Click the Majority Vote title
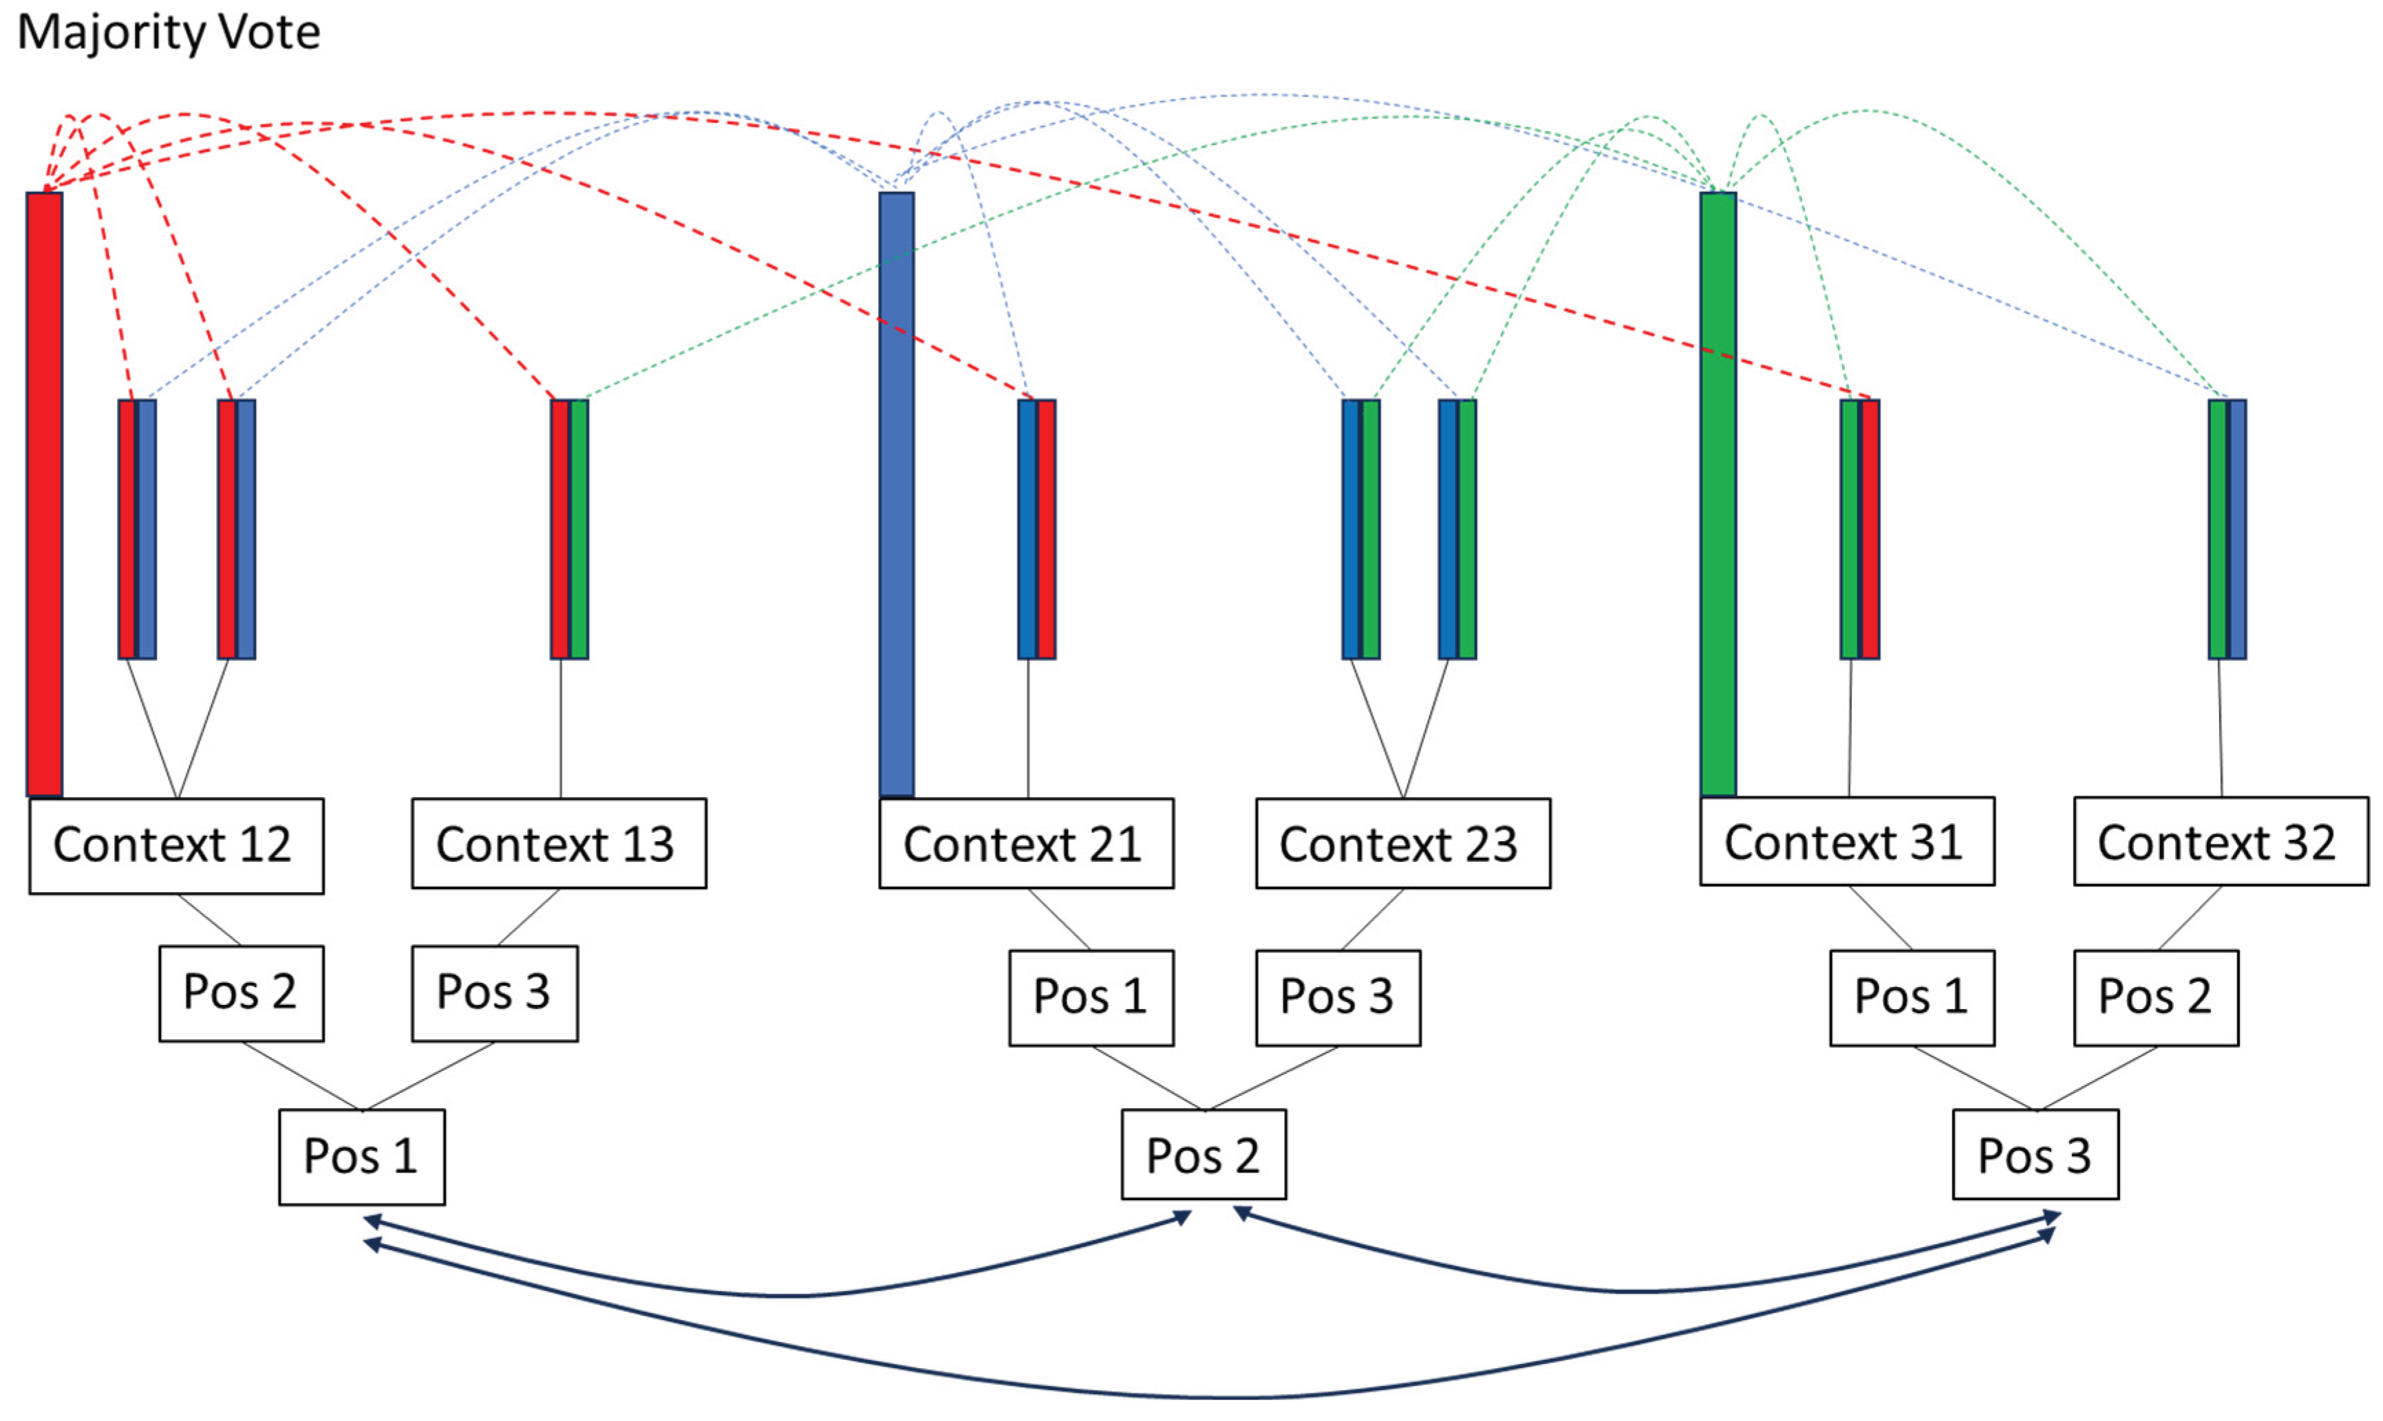pyautogui.click(x=169, y=32)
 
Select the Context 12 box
pyautogui.click(x=176, y=845)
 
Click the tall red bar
pyautogui.click(x=44, y=493)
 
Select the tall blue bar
pyautogui.click(x=897, y=493)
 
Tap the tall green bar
pyautogui.click(x=1718, y=493)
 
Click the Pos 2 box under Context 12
pyautogui.click(x=242, y=993)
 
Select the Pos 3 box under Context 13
pyautogui.click(x=494, y=993)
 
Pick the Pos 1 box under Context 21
pyautogui.click(x=1091, y=998)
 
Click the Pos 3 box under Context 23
pyautogui.click(x=1338, y=998)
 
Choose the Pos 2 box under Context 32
pyautogui.click(x=2156, y=998)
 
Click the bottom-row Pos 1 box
pyautogui.click(x=362, y=1157)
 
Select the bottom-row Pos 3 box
pyautogui.click(x=2035, y=1155)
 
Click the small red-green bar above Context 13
pyautogui.click(x=569, y=528)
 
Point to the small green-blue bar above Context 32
pyautogui.click(x=2227, y=528)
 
